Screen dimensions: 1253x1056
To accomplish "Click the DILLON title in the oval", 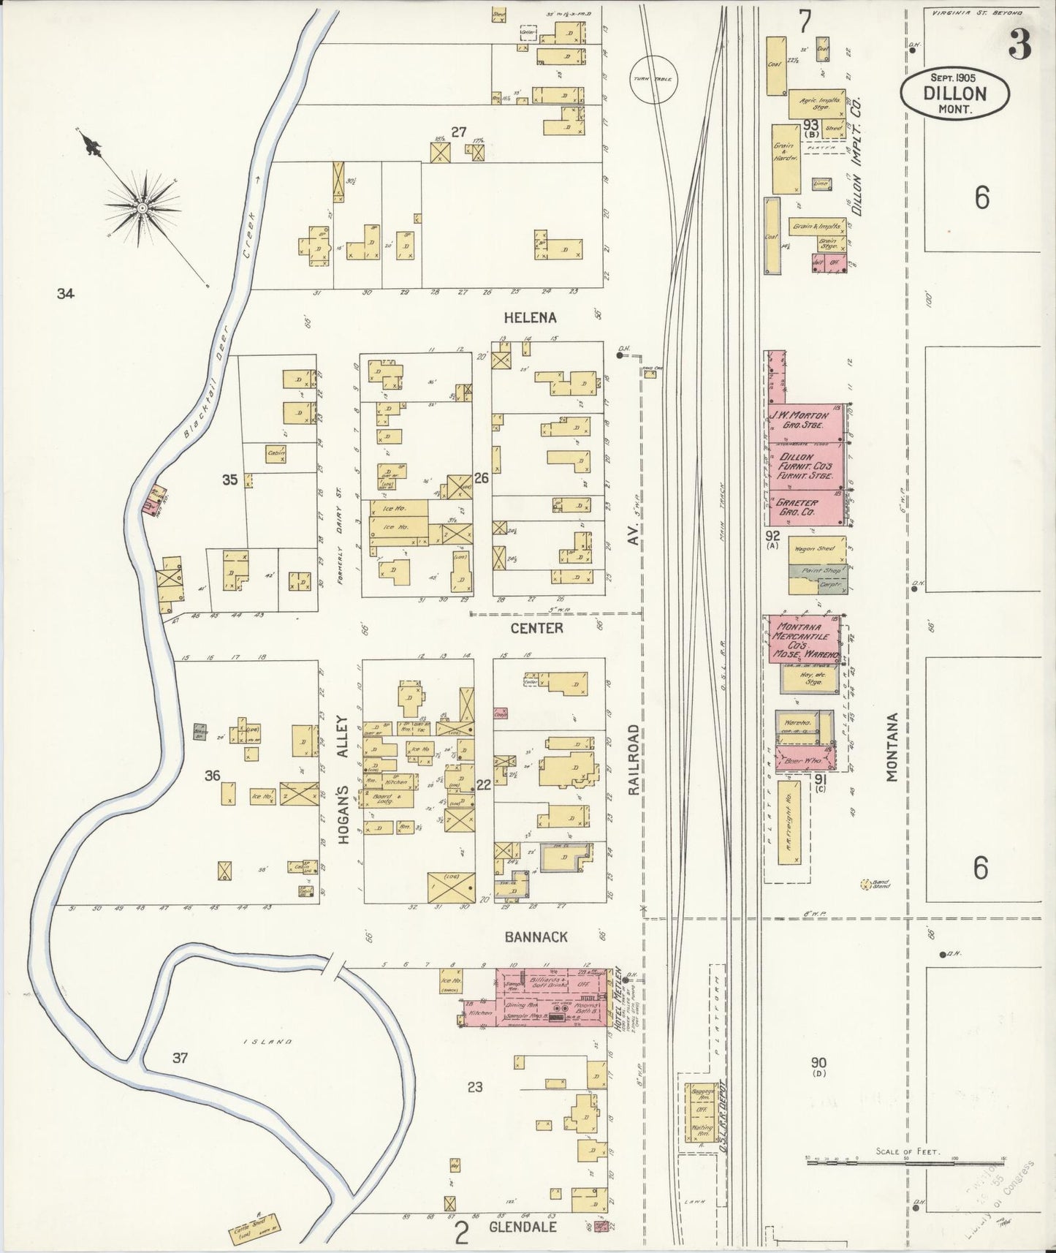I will click(954, 94).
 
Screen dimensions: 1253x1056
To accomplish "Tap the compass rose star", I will click(143, 208).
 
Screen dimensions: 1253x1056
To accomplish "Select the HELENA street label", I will click(530, 317).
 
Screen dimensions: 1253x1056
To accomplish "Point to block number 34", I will click(65, 295).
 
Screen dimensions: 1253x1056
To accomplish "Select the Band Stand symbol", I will click(867, 885).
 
